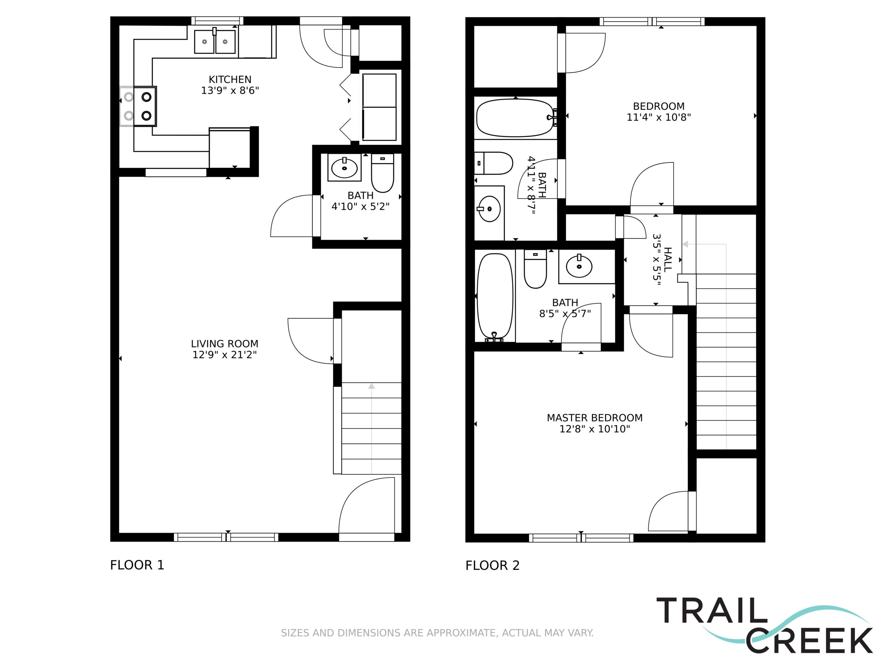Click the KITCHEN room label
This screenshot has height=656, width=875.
click(x=230, y=80)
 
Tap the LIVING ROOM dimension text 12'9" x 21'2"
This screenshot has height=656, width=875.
click(x=224, y=355)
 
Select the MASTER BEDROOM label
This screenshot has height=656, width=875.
click(x=594, y=418)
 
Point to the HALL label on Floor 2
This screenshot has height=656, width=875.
click(x=667, y=259)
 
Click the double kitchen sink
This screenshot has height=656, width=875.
click(x=215, y=41)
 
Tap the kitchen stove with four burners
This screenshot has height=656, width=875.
click(x=138, y=106)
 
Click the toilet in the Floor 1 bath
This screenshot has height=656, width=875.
click(x=382, y=173)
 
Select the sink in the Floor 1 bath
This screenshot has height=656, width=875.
click(x=345, y=168)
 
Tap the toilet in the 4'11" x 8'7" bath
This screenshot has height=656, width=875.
click(x=494, y=163)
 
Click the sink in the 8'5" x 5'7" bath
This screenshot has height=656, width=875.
click(x=579, y=266)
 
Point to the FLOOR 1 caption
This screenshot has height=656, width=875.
click(x=137, y=565)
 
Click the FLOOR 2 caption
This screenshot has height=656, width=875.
click(x=493, y=565)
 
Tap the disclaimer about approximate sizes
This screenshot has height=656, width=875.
click(x=437, y=633)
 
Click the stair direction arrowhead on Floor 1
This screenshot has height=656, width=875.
click(x=372, y=386)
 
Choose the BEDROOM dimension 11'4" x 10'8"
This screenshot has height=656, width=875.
click(x=659, y=118)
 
